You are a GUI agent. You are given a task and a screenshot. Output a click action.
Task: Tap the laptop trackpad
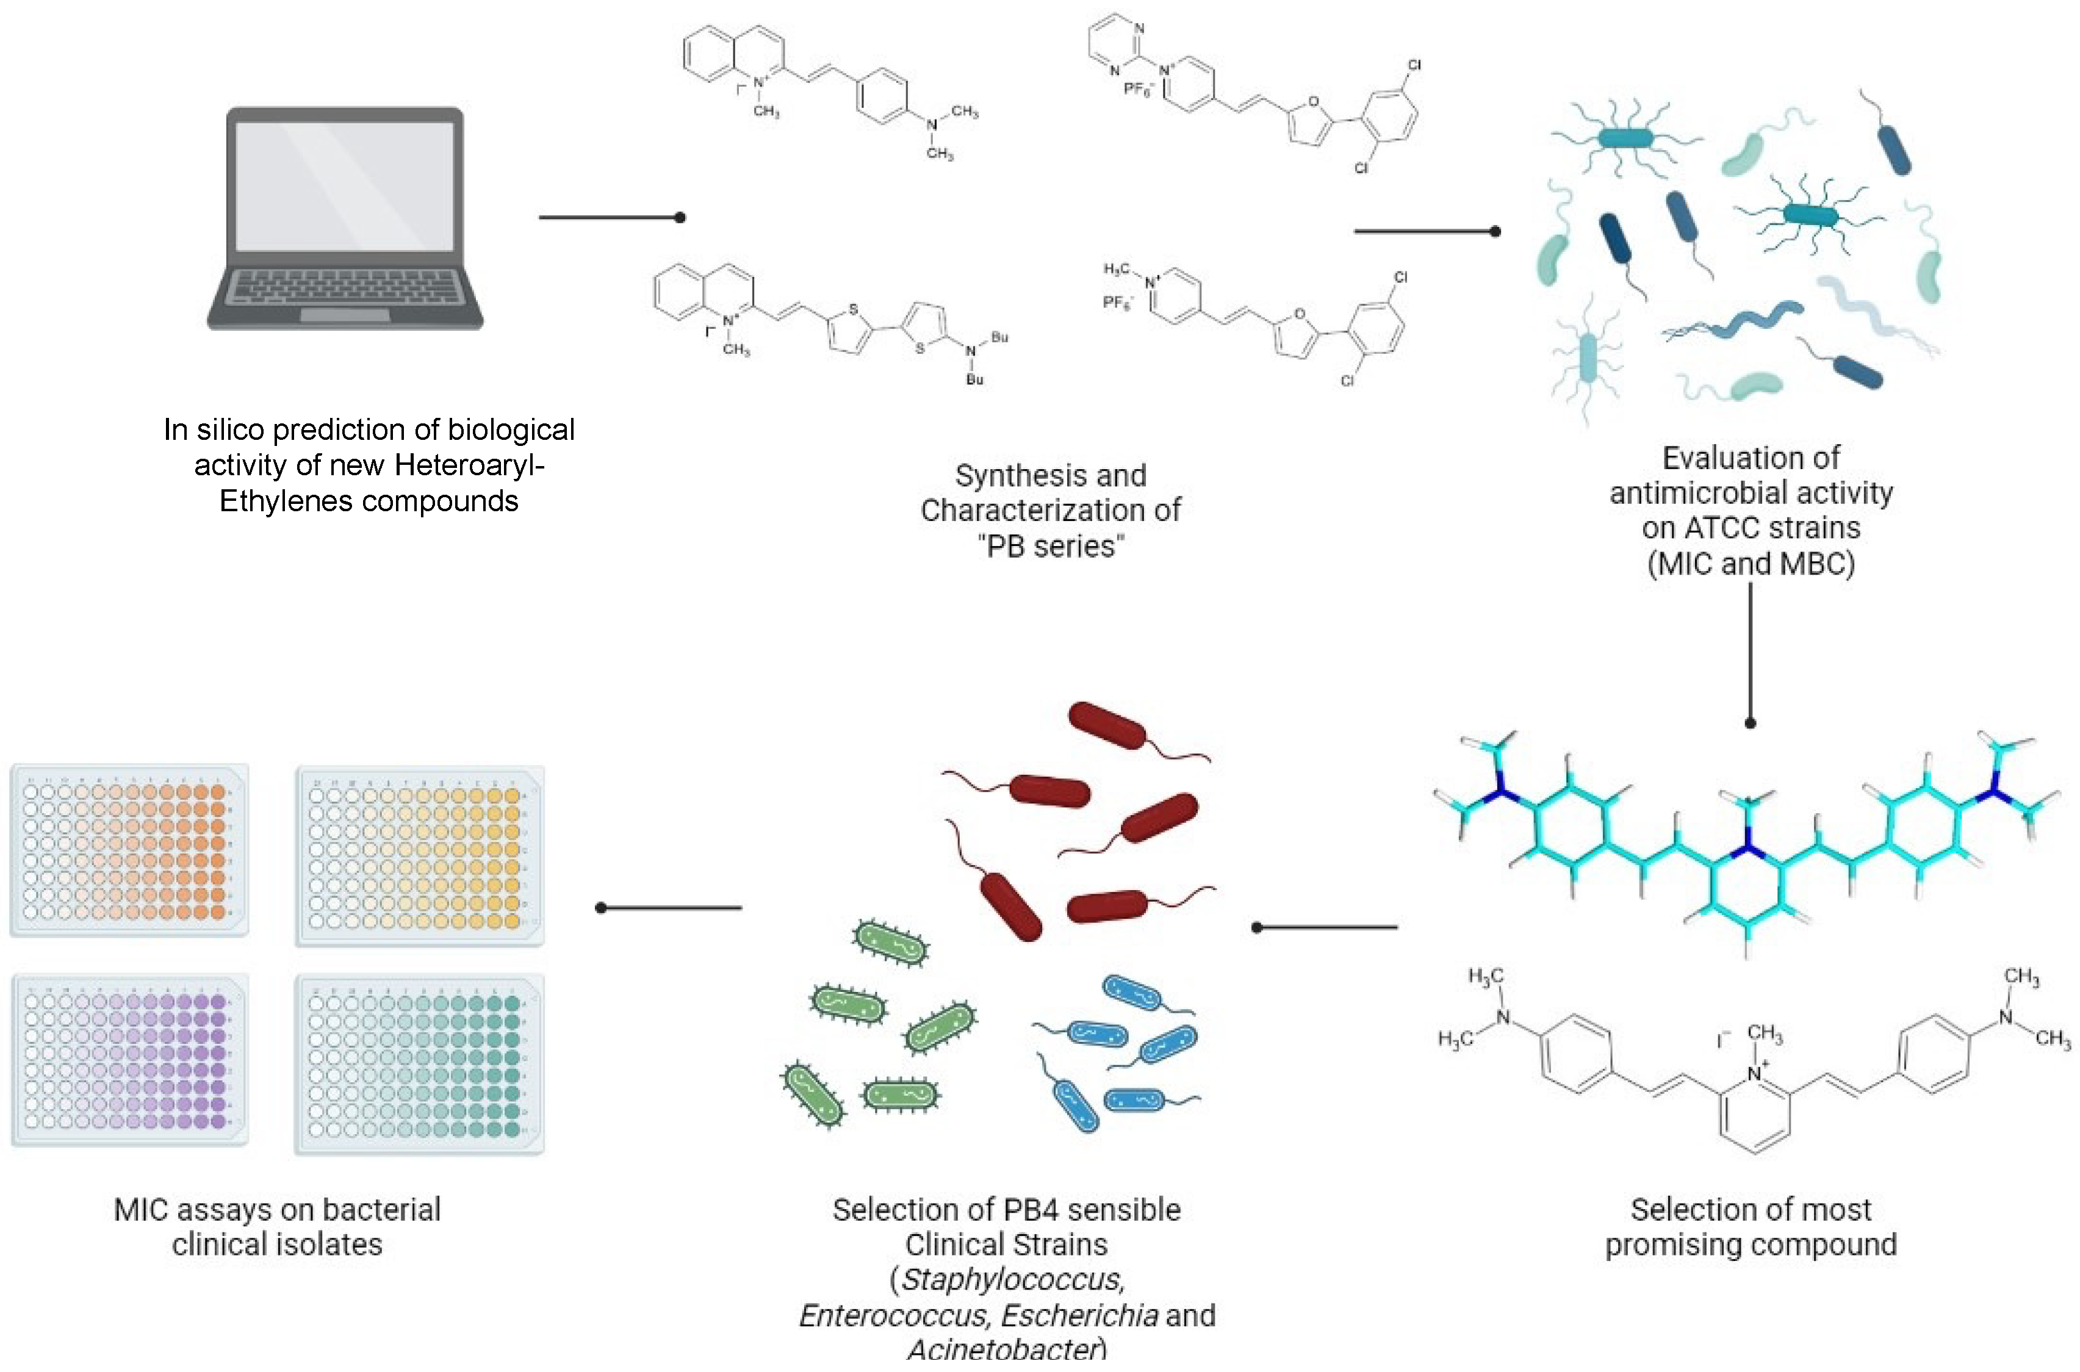[x=345, y=315]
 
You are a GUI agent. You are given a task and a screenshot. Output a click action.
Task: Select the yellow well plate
[x=419, y=856]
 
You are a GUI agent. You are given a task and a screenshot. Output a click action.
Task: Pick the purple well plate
[x=129, y=1060]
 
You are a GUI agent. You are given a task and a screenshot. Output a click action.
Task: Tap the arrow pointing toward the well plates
[x=669, y=908]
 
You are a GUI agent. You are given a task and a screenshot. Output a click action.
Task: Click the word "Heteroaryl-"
[x=470, y=465]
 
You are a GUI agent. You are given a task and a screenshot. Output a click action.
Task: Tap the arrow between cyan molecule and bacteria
[x=1326, y=927]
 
